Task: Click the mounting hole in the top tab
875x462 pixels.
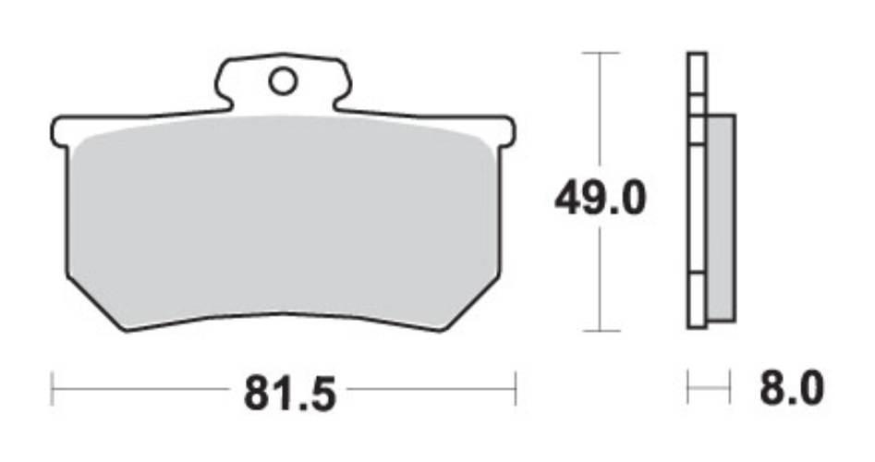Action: (x=283, y=81)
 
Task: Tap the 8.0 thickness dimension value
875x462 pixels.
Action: (x=790, y=389)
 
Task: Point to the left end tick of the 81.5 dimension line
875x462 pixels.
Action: (x=52, y=389)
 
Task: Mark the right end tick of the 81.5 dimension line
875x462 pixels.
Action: (x=515, y=389)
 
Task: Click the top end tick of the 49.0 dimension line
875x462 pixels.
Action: (x=602, y=54)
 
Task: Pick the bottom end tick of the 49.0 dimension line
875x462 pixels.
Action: (x=602, y=330)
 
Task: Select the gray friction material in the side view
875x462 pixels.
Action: (x=721, y=217)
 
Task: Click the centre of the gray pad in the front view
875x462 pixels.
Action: (x=282, y=222)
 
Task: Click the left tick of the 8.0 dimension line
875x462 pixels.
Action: (x=688, y=389)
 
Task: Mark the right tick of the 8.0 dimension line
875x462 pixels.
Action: (x=729, y=389)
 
